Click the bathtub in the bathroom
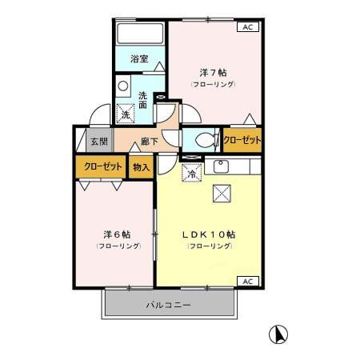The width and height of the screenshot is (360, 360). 139,34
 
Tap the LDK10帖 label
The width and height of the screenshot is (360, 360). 210,234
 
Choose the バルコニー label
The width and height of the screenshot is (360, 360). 168,305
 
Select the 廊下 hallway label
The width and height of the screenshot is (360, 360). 150,142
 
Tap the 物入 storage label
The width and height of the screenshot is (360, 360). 141,167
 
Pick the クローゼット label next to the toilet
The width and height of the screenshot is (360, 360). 242,140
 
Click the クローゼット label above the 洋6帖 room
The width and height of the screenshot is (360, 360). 100,167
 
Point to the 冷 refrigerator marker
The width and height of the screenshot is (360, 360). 191,173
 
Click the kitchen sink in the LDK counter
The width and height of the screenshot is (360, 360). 221,167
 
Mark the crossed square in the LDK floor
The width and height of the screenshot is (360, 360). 220,194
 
